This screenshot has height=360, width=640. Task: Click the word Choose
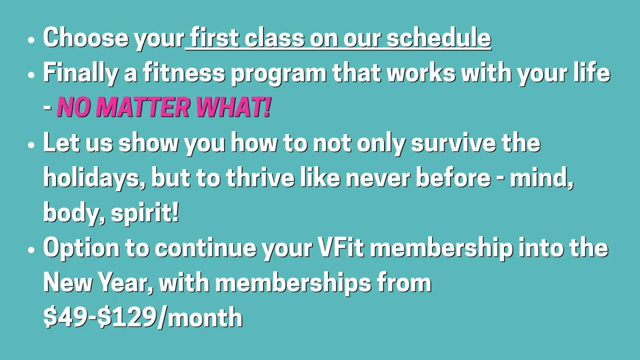(86, 37)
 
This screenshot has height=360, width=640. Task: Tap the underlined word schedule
(439, 37)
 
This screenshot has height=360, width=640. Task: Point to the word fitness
(184, 73)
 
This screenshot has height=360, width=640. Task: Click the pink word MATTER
(142, 107)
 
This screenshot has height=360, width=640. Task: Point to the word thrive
(260, 178)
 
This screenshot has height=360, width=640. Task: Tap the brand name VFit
(341, 247)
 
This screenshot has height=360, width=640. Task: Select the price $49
(65, 317)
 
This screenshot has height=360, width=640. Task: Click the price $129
(126, 317)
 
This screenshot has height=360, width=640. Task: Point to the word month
(205, 317)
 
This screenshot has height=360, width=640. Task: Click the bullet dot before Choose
(31, 39)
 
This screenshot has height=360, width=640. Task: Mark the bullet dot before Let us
(31, 145)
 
